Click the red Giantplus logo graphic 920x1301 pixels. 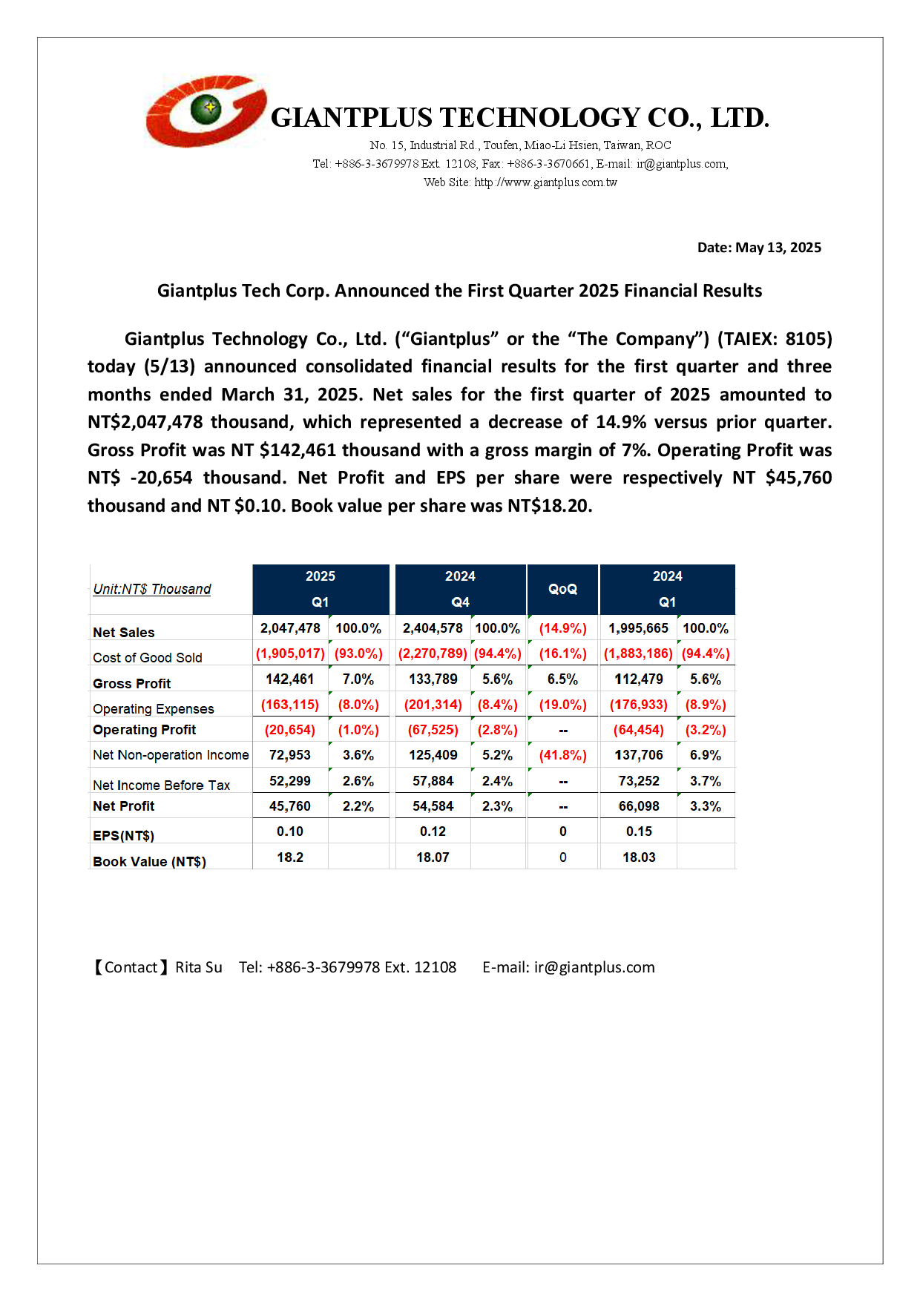tap(206, 111)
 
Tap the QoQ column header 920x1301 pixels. tap(562, 589)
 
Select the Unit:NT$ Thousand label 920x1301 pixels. tap(152, 589)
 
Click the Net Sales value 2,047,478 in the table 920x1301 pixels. tap(290, 628)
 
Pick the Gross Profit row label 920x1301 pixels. tap(132, 683)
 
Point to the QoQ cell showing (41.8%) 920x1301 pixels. tap(562, 755)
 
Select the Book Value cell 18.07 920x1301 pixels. tap(433, 857)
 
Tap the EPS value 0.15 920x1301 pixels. tap(639, 831)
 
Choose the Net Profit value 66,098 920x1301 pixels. tap(639, 806)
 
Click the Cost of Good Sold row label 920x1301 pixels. tap(148, 658)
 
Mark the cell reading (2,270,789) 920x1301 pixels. tap(433, 653)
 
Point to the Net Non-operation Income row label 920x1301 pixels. tap(171, 755)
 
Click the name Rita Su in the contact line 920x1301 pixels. tap(199, 967)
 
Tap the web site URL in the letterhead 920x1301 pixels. tap(545, 182)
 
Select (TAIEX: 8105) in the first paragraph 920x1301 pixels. tap(775, 339)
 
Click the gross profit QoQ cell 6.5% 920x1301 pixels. tap(562, 679)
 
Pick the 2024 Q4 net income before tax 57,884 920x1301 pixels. tap(433, 781)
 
